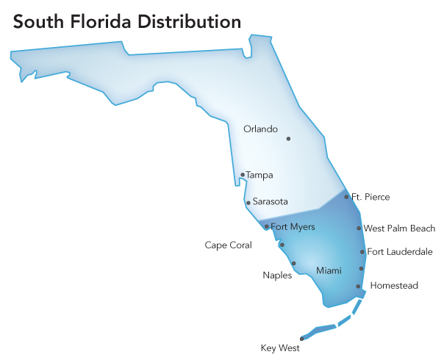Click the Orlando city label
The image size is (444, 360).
(x=260, y=129)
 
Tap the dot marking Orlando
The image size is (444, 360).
(x=289, y=138)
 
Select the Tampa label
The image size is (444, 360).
(x=259, y=176)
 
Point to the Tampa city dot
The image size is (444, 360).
(x=243, y=175)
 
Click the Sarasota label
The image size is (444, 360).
(x=271, y=201)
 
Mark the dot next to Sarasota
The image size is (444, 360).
(x=248, y=203)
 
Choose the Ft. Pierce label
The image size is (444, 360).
(x=370, y=197)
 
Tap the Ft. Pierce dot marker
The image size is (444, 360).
(x=347, y=197)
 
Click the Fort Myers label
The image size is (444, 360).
(x=293, y=227)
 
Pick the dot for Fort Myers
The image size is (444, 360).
(x=266, y=227)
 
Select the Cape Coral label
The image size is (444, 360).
(x=228, y=245)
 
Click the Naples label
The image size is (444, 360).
(x=277, y=276)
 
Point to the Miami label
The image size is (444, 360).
(x=329, y=271)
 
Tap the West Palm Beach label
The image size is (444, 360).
(x=399, y=228)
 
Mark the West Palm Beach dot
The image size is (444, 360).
(x=359, y=228)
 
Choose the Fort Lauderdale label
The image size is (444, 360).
(x=400, y=252)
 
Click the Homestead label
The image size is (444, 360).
(x=394, y=285)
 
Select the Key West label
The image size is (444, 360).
(x=280, y=348)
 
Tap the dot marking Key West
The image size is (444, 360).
(x=302, y=339)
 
